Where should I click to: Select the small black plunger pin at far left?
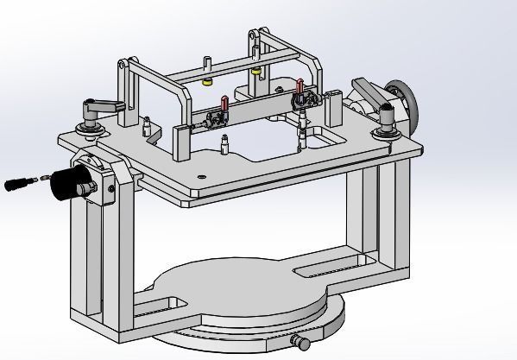click(x=17, y=184)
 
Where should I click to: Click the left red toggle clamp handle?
click(x=224, y=103)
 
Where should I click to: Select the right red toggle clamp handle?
click(x=299, y=86)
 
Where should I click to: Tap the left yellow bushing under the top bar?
click(x=207, y=83)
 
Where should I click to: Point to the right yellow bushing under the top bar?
click(x=256, y=72)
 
